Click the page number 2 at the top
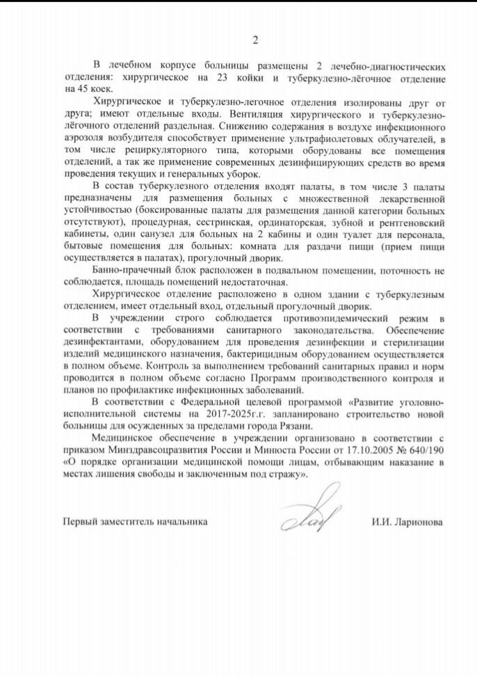click(x=255, y=40)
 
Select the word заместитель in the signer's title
click(x=138, y=520)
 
